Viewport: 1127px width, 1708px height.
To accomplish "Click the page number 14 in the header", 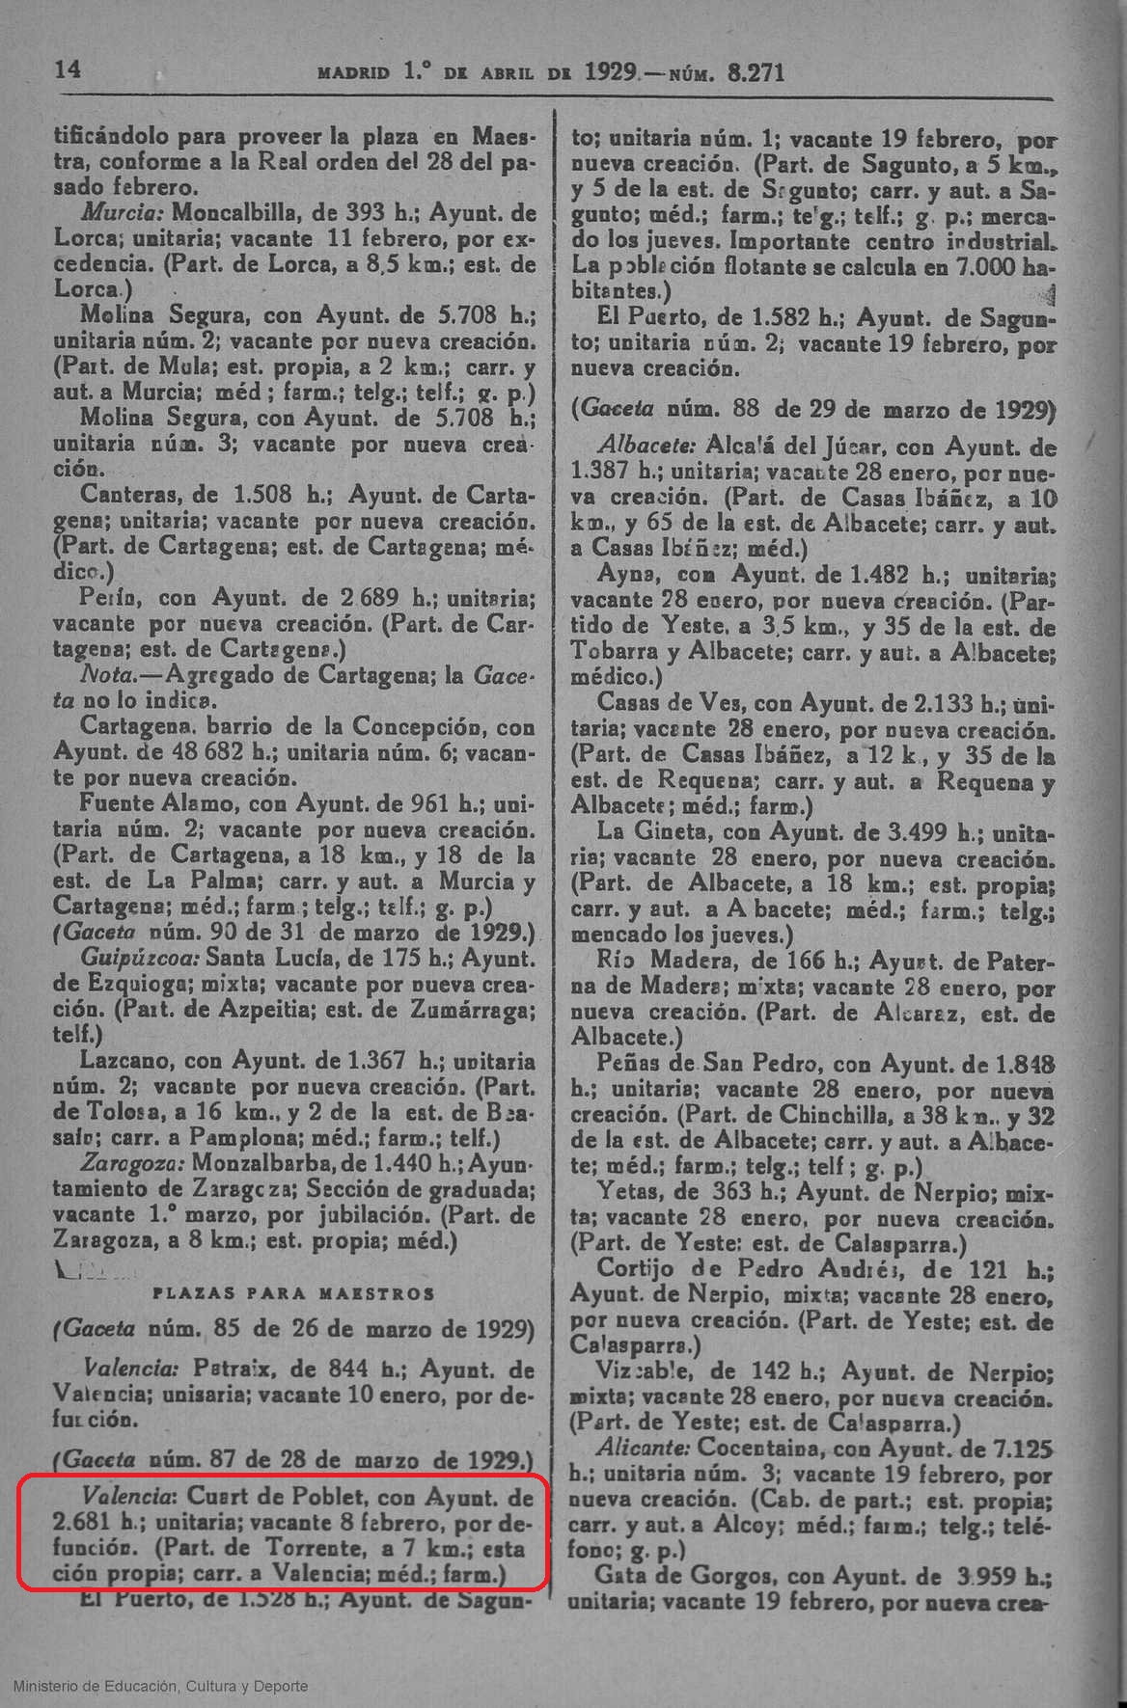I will (x=69, y=69).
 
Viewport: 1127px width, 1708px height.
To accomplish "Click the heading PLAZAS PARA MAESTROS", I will (x=294, y=1293).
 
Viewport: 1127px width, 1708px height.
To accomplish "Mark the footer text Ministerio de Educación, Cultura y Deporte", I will (x=161, y=1686).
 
